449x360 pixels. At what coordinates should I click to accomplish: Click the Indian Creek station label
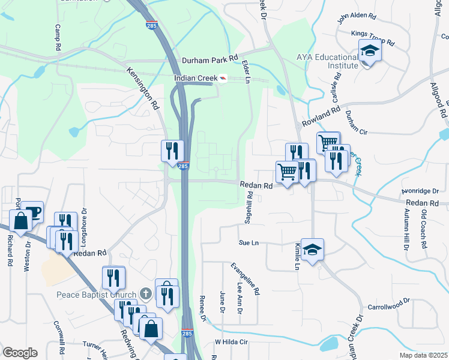(x=195, y=78)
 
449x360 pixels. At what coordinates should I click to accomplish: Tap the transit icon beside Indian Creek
(x=223, y=78)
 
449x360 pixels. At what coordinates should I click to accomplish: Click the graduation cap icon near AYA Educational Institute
(x=370, y=52)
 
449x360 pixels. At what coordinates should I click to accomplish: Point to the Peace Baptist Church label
(x=97, y=294)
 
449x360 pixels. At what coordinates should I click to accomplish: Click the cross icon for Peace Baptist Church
(x=145, y=293)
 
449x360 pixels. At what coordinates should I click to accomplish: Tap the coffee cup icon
(x=33, y=211)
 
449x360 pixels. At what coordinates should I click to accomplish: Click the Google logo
(x=20, y=353)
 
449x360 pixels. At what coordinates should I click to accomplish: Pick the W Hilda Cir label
(x=231, y=342)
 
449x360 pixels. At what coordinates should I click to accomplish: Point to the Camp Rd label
(x=58, y=37)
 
